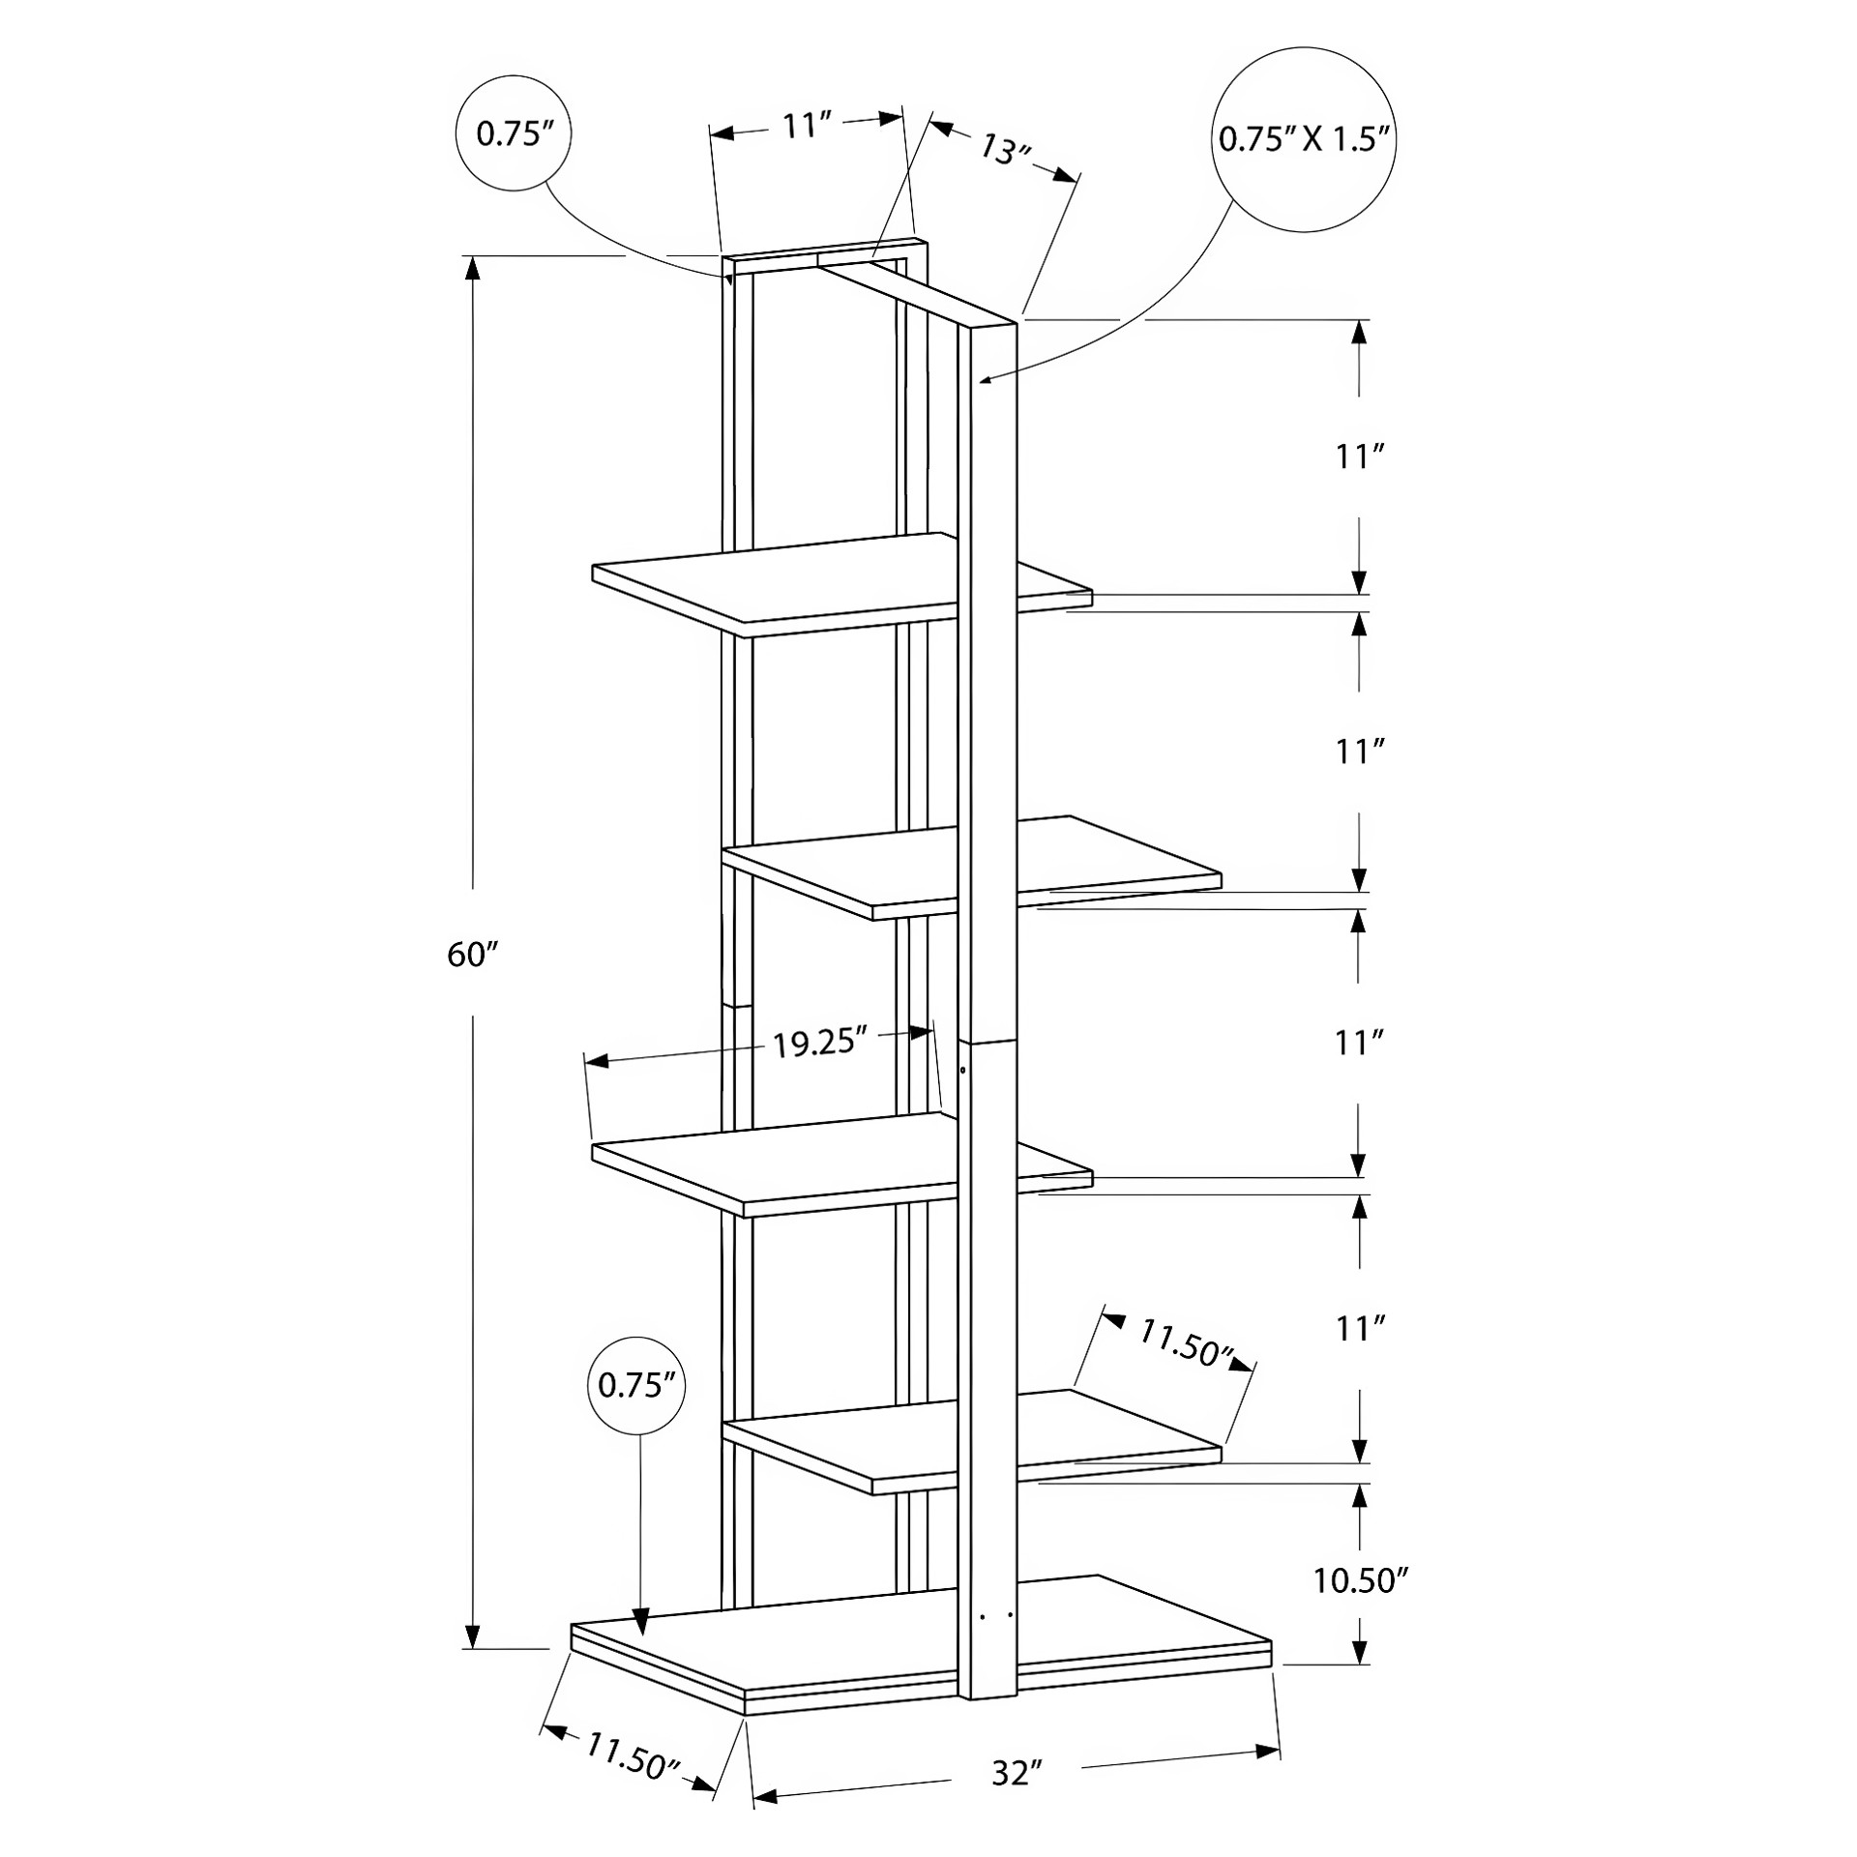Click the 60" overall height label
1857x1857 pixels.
point(472,955)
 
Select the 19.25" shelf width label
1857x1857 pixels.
point(816,1044)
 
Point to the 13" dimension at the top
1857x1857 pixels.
point(1007,149)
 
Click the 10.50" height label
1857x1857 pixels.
point(1359,1580)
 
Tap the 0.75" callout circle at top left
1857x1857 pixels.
point(513,133)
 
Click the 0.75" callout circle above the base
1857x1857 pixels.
point(636,1386)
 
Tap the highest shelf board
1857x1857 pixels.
point(841,584)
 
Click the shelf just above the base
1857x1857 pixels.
point(972,1442)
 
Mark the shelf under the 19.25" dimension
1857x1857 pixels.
point(841,1164)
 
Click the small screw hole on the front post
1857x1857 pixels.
point(963,1071)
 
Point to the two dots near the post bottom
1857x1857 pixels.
point(995,1615)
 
